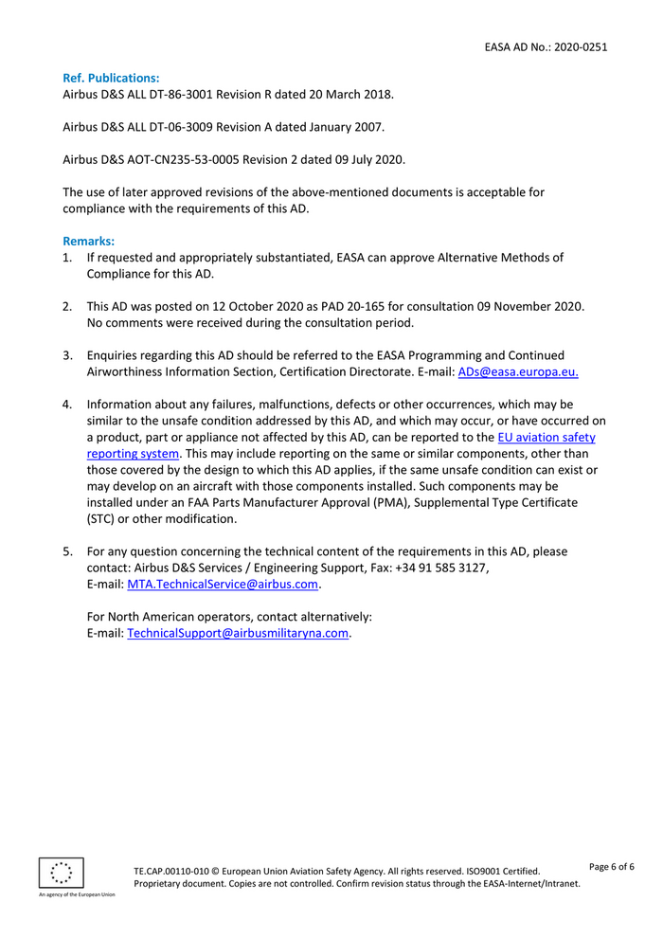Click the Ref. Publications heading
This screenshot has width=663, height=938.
pyautogui.click(x=110, y=78)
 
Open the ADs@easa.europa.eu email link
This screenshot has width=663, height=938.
pyautogui.click(x=517, y=371)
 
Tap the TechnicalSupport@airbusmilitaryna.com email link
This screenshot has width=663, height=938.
pyautogui.click(x=238, y=633)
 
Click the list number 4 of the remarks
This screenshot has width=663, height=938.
pyautogui.click(x=67, y=405)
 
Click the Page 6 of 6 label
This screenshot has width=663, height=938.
pyautogui.click(x=611, y=866)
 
